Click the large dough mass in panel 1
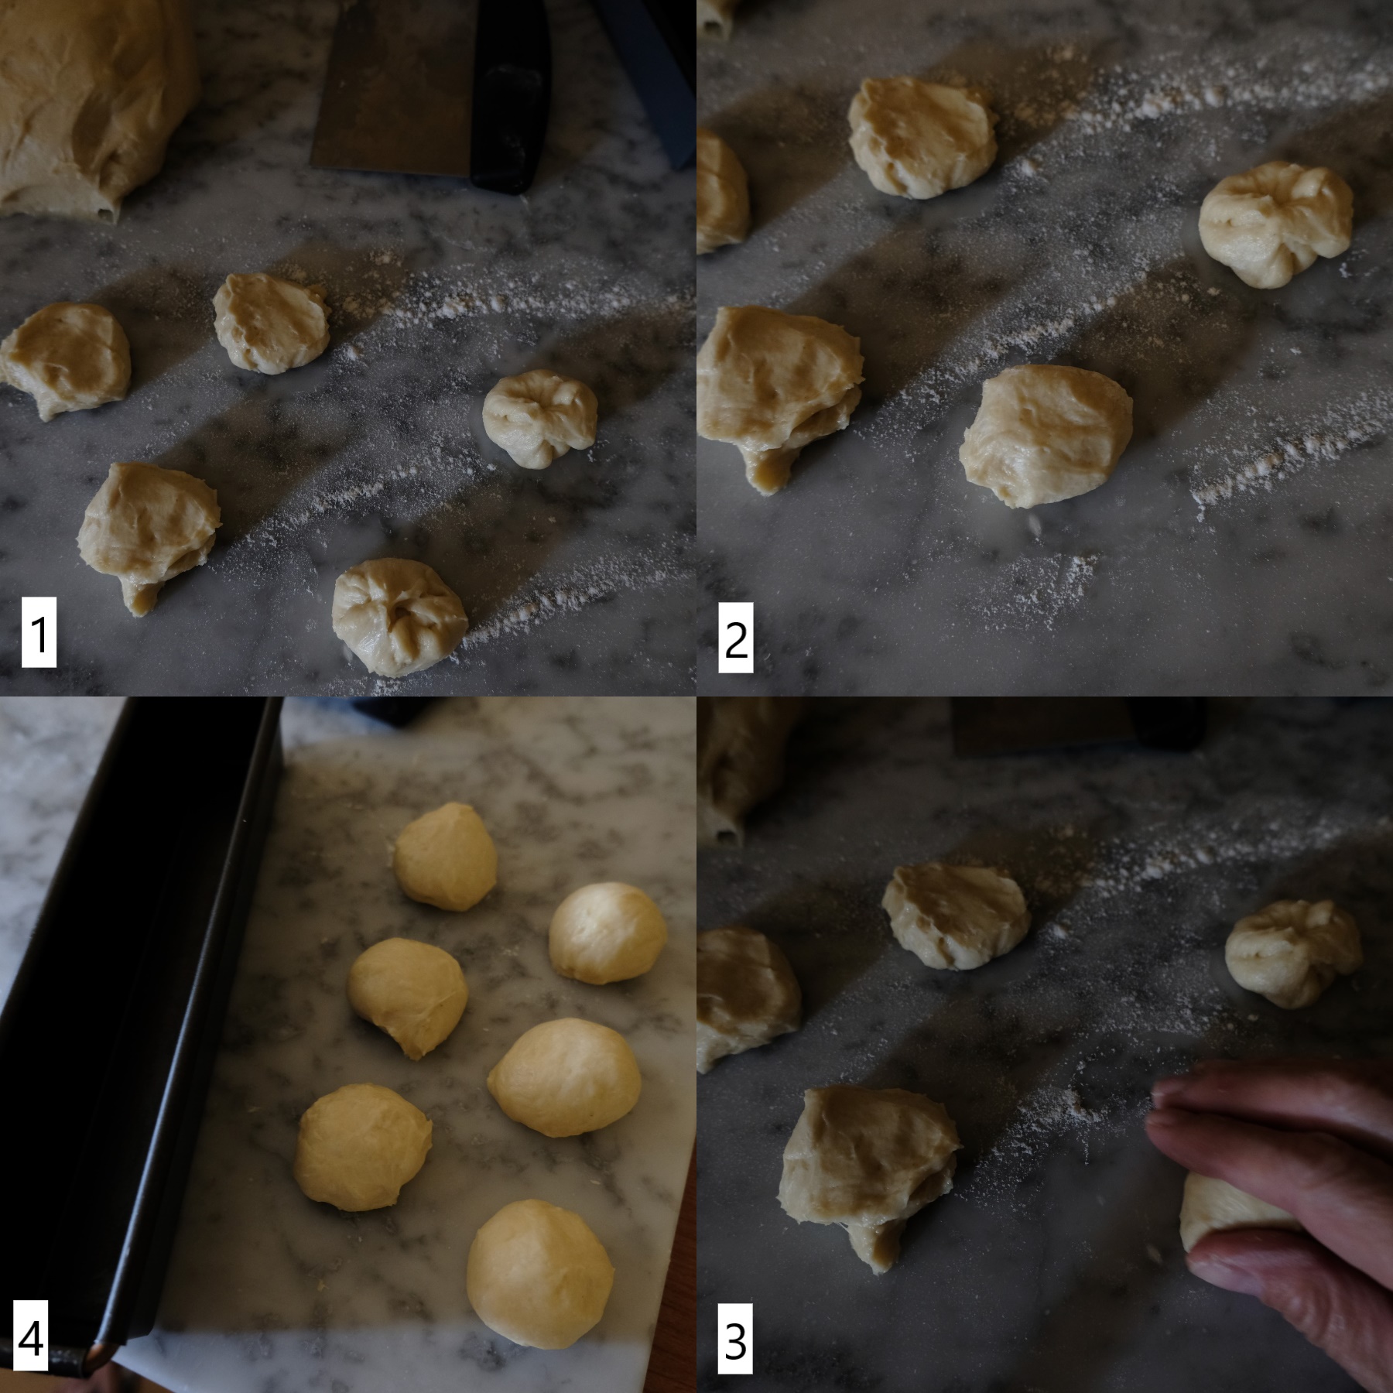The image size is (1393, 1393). pos(85,101)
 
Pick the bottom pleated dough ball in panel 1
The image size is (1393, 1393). pos(399,615)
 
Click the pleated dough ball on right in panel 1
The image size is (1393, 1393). pos(540,418)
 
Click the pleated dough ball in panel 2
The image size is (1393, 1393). pos(1275,224)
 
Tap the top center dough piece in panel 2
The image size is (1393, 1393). pos(921,139)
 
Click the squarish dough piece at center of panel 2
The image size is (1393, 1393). pos(1045,437)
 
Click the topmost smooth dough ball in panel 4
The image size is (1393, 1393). pos(445,857)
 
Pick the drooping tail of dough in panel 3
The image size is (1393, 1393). pos(874,1246)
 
